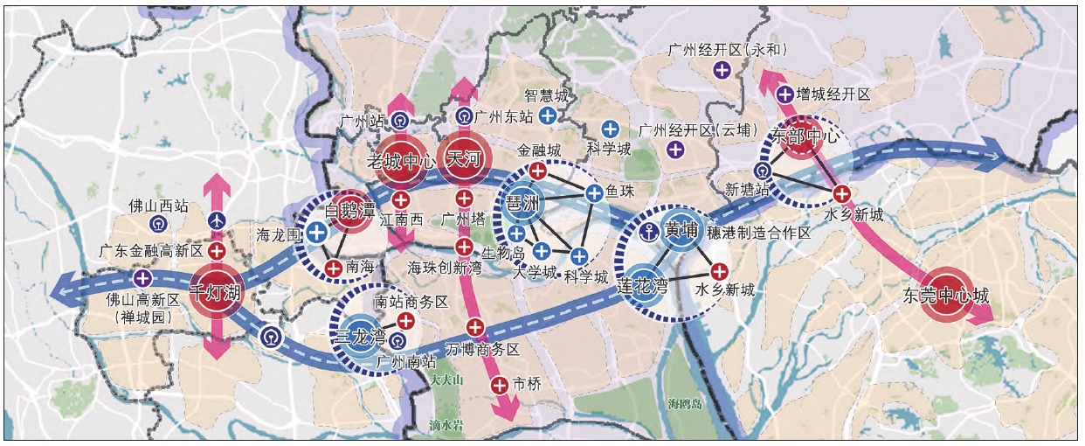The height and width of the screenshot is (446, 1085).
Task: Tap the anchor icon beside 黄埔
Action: click(648, 231)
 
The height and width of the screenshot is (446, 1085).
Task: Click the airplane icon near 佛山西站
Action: click(218, 220)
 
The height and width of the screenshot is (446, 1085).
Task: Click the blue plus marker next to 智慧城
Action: click(548, 115)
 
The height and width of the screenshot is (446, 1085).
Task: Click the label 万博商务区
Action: click(482, 349)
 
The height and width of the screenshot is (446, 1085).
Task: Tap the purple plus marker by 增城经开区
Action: click(784, 94)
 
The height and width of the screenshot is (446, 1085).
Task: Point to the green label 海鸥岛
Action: click(686, 404)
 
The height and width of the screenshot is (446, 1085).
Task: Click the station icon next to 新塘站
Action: click(764, 171)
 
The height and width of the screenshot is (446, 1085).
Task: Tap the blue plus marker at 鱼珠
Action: click(594, 193)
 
